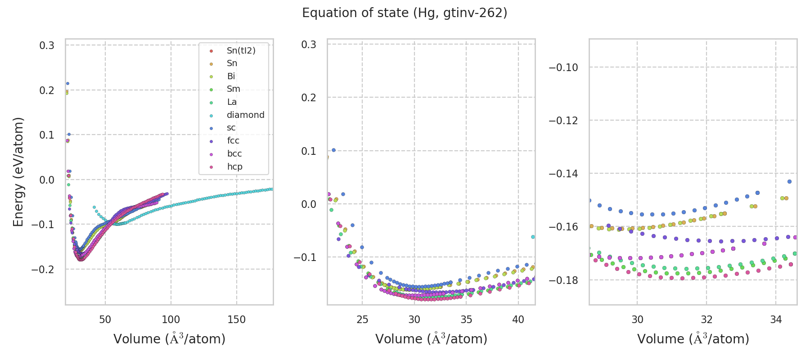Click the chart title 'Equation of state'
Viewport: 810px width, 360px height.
[405, 13]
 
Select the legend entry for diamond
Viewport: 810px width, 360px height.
[245, 115]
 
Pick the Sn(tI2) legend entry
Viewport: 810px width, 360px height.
[241, 51]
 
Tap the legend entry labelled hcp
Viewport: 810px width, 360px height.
[234, 167]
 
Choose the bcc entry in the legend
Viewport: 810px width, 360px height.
[234, 154]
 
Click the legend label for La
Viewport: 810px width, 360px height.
[232, 102]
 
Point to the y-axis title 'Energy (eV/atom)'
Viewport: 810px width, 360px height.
[18, 172]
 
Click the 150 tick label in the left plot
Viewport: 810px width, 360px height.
[236, 320]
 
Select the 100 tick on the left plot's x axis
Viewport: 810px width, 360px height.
[171, 320]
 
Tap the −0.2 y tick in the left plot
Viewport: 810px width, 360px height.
[43, 270]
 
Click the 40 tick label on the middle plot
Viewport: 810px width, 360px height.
[518, 320]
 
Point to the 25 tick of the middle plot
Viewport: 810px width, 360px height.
[362, 320]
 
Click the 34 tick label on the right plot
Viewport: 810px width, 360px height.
[776, 320]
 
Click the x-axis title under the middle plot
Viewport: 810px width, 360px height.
[431, 339]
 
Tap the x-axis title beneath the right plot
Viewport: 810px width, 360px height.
[693, 339]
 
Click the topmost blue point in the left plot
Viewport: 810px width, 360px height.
[67, 83]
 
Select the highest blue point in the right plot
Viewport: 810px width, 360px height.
[789, 181]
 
